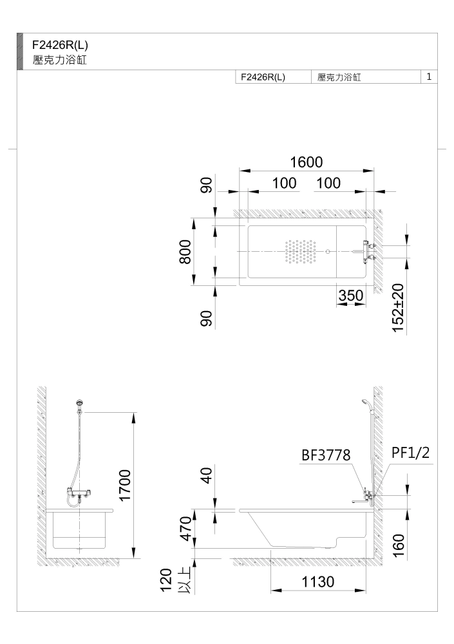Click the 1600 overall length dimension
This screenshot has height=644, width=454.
[x=307, y=162]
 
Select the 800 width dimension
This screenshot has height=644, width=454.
[x=185, y=252]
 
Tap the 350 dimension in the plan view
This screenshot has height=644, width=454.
[x=351, y=296]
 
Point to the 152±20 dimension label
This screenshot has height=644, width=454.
[x=398, y=308]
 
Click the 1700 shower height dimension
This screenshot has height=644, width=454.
[x=124, y=485]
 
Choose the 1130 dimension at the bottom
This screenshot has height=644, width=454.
[x=318, y=582]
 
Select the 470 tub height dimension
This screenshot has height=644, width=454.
[x=186, y=529]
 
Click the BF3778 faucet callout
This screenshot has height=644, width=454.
[x=326, y=455]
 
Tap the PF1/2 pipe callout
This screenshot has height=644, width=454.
[x=410, y=453]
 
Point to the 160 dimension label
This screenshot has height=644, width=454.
[x=399, y=545]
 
